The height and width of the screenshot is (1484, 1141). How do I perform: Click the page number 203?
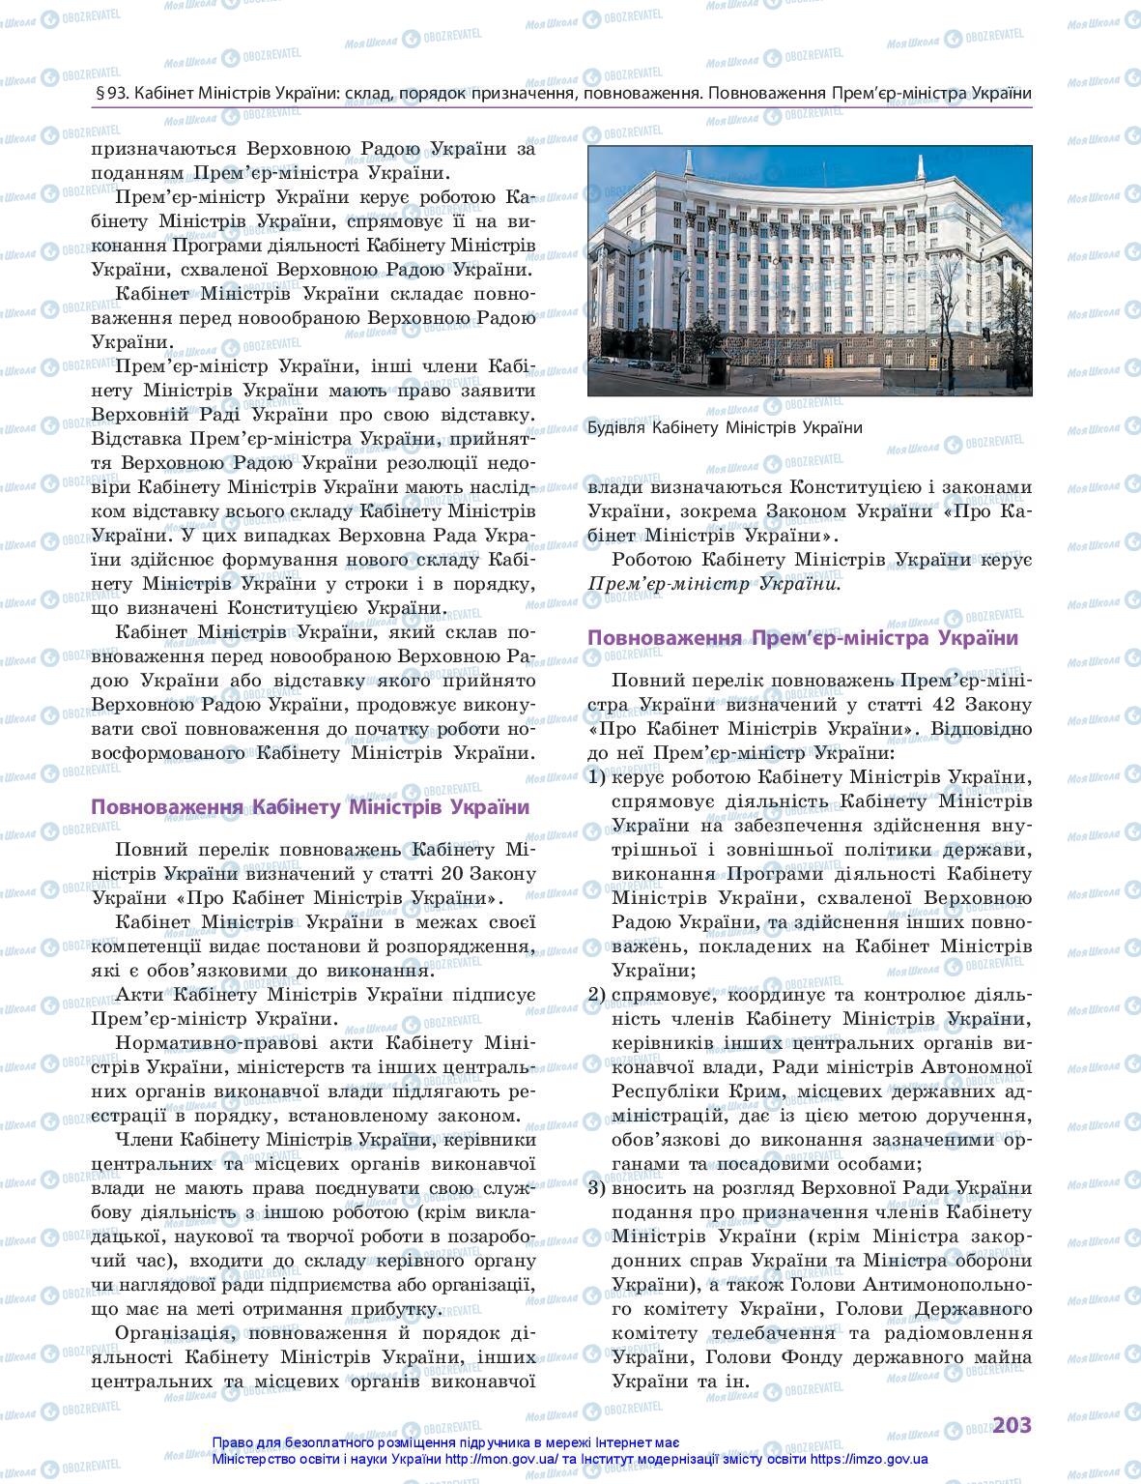(1012, 1425)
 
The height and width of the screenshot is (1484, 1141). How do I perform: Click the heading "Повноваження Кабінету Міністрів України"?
(309, 807)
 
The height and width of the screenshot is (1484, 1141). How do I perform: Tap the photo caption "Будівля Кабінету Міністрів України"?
(725, 427)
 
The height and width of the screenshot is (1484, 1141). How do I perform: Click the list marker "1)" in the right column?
(597, 777)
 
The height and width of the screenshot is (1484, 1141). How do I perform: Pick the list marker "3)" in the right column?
(597, 1188)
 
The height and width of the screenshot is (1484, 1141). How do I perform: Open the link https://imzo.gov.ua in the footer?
(870, 1460)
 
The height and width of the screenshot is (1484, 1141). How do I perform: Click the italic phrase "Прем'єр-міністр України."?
(714, 584)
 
